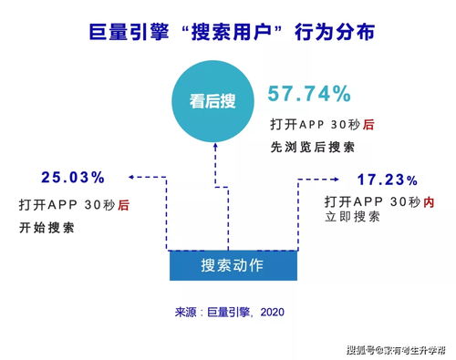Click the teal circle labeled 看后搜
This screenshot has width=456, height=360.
pos(215,101)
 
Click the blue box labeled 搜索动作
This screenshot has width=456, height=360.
pos(233,265)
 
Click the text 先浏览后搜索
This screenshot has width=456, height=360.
pos(312,147)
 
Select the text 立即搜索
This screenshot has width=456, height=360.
pos(352,216)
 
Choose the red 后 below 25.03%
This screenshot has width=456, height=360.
pos(123,206)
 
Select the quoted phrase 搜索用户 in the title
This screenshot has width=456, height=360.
pos(225,34)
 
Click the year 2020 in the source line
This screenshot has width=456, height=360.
pos(272,313)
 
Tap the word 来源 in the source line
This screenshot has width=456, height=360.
pos(186,313)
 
